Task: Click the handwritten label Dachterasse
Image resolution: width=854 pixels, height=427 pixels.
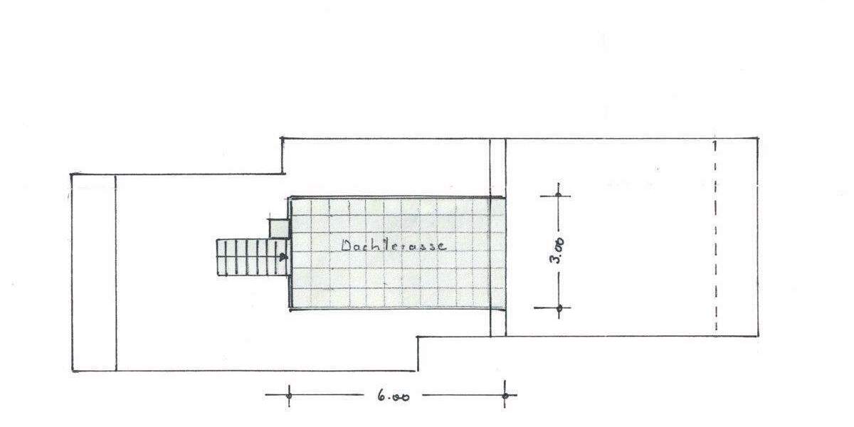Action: tap(394, 246)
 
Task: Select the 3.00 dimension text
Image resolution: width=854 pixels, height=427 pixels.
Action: tap(559, 251)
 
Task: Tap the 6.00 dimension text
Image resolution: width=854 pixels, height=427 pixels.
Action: tap(393, 396)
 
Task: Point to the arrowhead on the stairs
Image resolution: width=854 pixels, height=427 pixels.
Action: tap(284, 257)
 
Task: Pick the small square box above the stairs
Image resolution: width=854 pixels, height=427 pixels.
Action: tap(278, 228)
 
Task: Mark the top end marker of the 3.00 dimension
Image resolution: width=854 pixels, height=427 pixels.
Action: tap(559, 194)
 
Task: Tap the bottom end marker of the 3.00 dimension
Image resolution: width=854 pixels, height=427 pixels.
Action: tap(559, 308)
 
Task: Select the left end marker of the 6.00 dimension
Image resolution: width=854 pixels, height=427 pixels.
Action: tap(289, 394)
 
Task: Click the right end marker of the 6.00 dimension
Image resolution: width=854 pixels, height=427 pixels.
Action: tap(505, 394)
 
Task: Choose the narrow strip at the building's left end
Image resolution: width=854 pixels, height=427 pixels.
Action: tap(94, 273)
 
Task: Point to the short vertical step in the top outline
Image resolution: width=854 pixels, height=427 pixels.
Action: tap(283, 156)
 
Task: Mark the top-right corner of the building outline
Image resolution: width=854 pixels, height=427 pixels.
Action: tap(758, 138)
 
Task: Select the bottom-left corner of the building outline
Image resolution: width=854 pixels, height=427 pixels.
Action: tap(73, 371)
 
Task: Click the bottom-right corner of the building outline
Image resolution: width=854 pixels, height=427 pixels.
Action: tap(758, 336)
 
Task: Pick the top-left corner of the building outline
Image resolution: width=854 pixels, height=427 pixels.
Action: tap(72, 174)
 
